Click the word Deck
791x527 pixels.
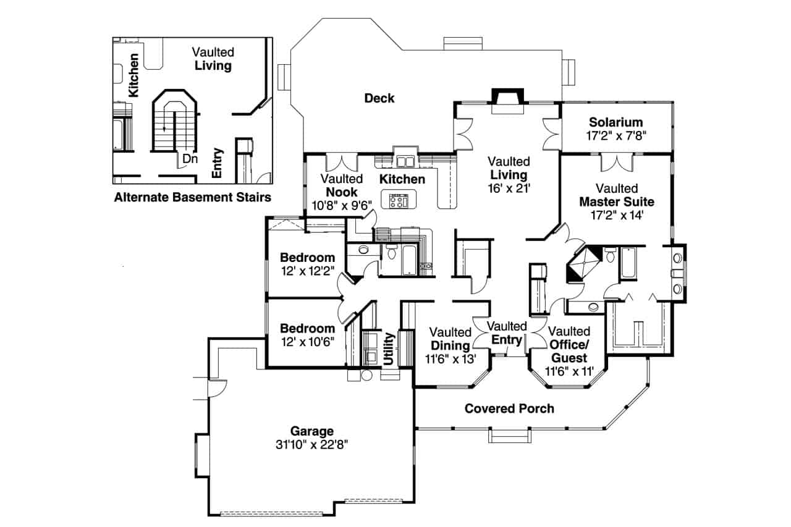coord(379,98)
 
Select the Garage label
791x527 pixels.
coord(312,431)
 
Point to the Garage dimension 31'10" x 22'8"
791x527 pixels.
coord(312,444)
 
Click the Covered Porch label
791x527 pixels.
coord(509,408)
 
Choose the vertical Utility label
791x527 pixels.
coord(389,350)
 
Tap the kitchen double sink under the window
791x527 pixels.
coord(404,162)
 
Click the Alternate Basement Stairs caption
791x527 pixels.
coord(192,198)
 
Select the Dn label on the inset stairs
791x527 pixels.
coord(190,159)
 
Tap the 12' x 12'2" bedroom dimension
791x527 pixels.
coord(307,271)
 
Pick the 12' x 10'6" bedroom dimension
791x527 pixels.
coord(307,342)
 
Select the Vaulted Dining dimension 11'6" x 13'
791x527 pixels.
coord(450,359)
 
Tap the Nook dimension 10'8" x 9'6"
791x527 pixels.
coord(339,204)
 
